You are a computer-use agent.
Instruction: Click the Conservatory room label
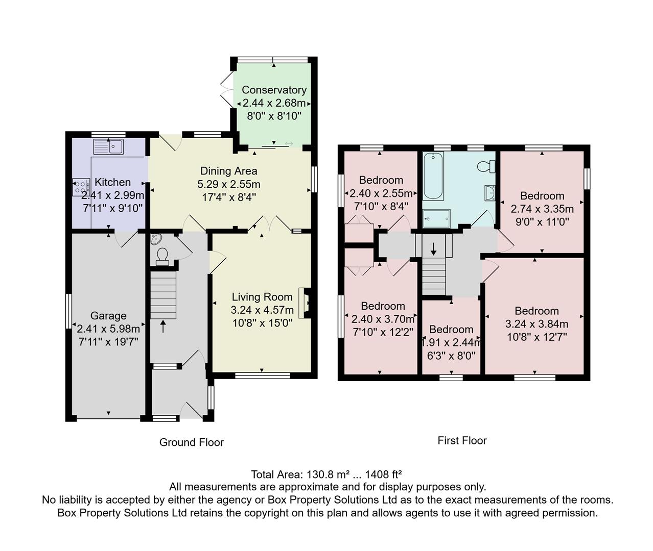(274, 90)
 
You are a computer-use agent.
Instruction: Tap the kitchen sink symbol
(108, 147)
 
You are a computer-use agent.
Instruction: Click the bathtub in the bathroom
(433, 176)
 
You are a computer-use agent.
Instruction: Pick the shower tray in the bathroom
(437, 218)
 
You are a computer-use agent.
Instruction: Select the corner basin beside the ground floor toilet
(156, 239)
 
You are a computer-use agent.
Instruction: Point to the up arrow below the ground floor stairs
(163, 326)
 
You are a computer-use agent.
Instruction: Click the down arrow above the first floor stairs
(434, 249)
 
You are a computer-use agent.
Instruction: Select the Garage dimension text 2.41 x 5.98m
(108, 329)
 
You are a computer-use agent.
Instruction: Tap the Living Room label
(262, 297)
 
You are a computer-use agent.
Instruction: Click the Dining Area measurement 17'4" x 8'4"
(228, 196)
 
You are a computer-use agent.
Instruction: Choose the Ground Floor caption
(192, 442)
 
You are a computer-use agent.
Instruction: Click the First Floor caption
(462, 440)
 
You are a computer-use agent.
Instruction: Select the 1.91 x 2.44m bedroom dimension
(451, 342)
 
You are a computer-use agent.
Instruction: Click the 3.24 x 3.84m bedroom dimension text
(537, 323)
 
